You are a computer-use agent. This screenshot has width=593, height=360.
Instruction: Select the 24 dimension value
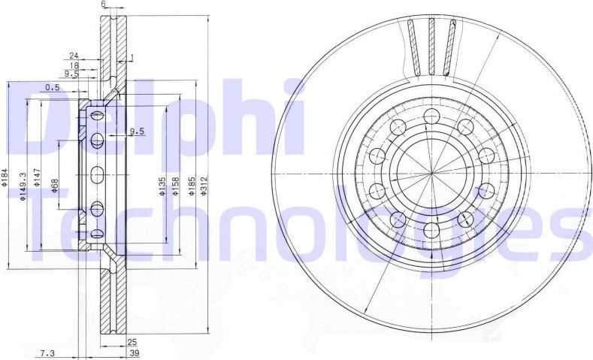coord(74,56)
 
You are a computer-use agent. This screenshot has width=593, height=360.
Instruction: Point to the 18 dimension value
coord(74,65)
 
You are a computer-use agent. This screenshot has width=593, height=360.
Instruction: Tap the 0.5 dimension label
coord(53,88)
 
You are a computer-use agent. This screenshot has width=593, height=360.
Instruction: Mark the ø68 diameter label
coord(55,184)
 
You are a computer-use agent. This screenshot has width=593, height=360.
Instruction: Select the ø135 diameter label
coord(164,185)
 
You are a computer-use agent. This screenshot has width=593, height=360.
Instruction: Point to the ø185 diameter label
coord(192,185)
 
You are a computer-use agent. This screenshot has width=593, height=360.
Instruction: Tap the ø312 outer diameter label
coord(204,185)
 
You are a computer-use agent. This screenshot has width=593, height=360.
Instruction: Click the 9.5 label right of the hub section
coord(136,132)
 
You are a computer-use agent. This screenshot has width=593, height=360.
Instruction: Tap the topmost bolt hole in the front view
coord(431,116)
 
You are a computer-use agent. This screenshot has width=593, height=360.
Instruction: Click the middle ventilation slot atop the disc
coord(432,45)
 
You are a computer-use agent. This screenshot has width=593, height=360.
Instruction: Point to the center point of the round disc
coord(431,174)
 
